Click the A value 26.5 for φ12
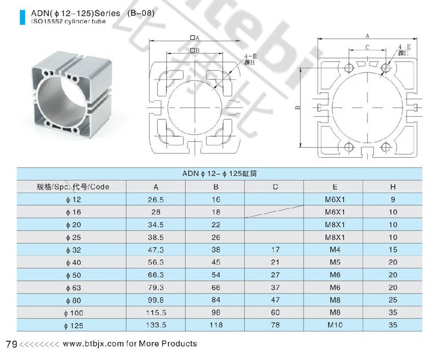(156, 199)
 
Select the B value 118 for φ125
(216, 325)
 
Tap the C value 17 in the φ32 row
(275, 250)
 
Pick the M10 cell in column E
(335, 325)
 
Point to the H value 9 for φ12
(393, 199)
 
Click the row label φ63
(73, 288)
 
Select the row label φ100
(73, 313)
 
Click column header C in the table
(275, 187)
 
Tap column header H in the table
(393, 187)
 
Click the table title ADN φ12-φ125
(220, 174)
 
